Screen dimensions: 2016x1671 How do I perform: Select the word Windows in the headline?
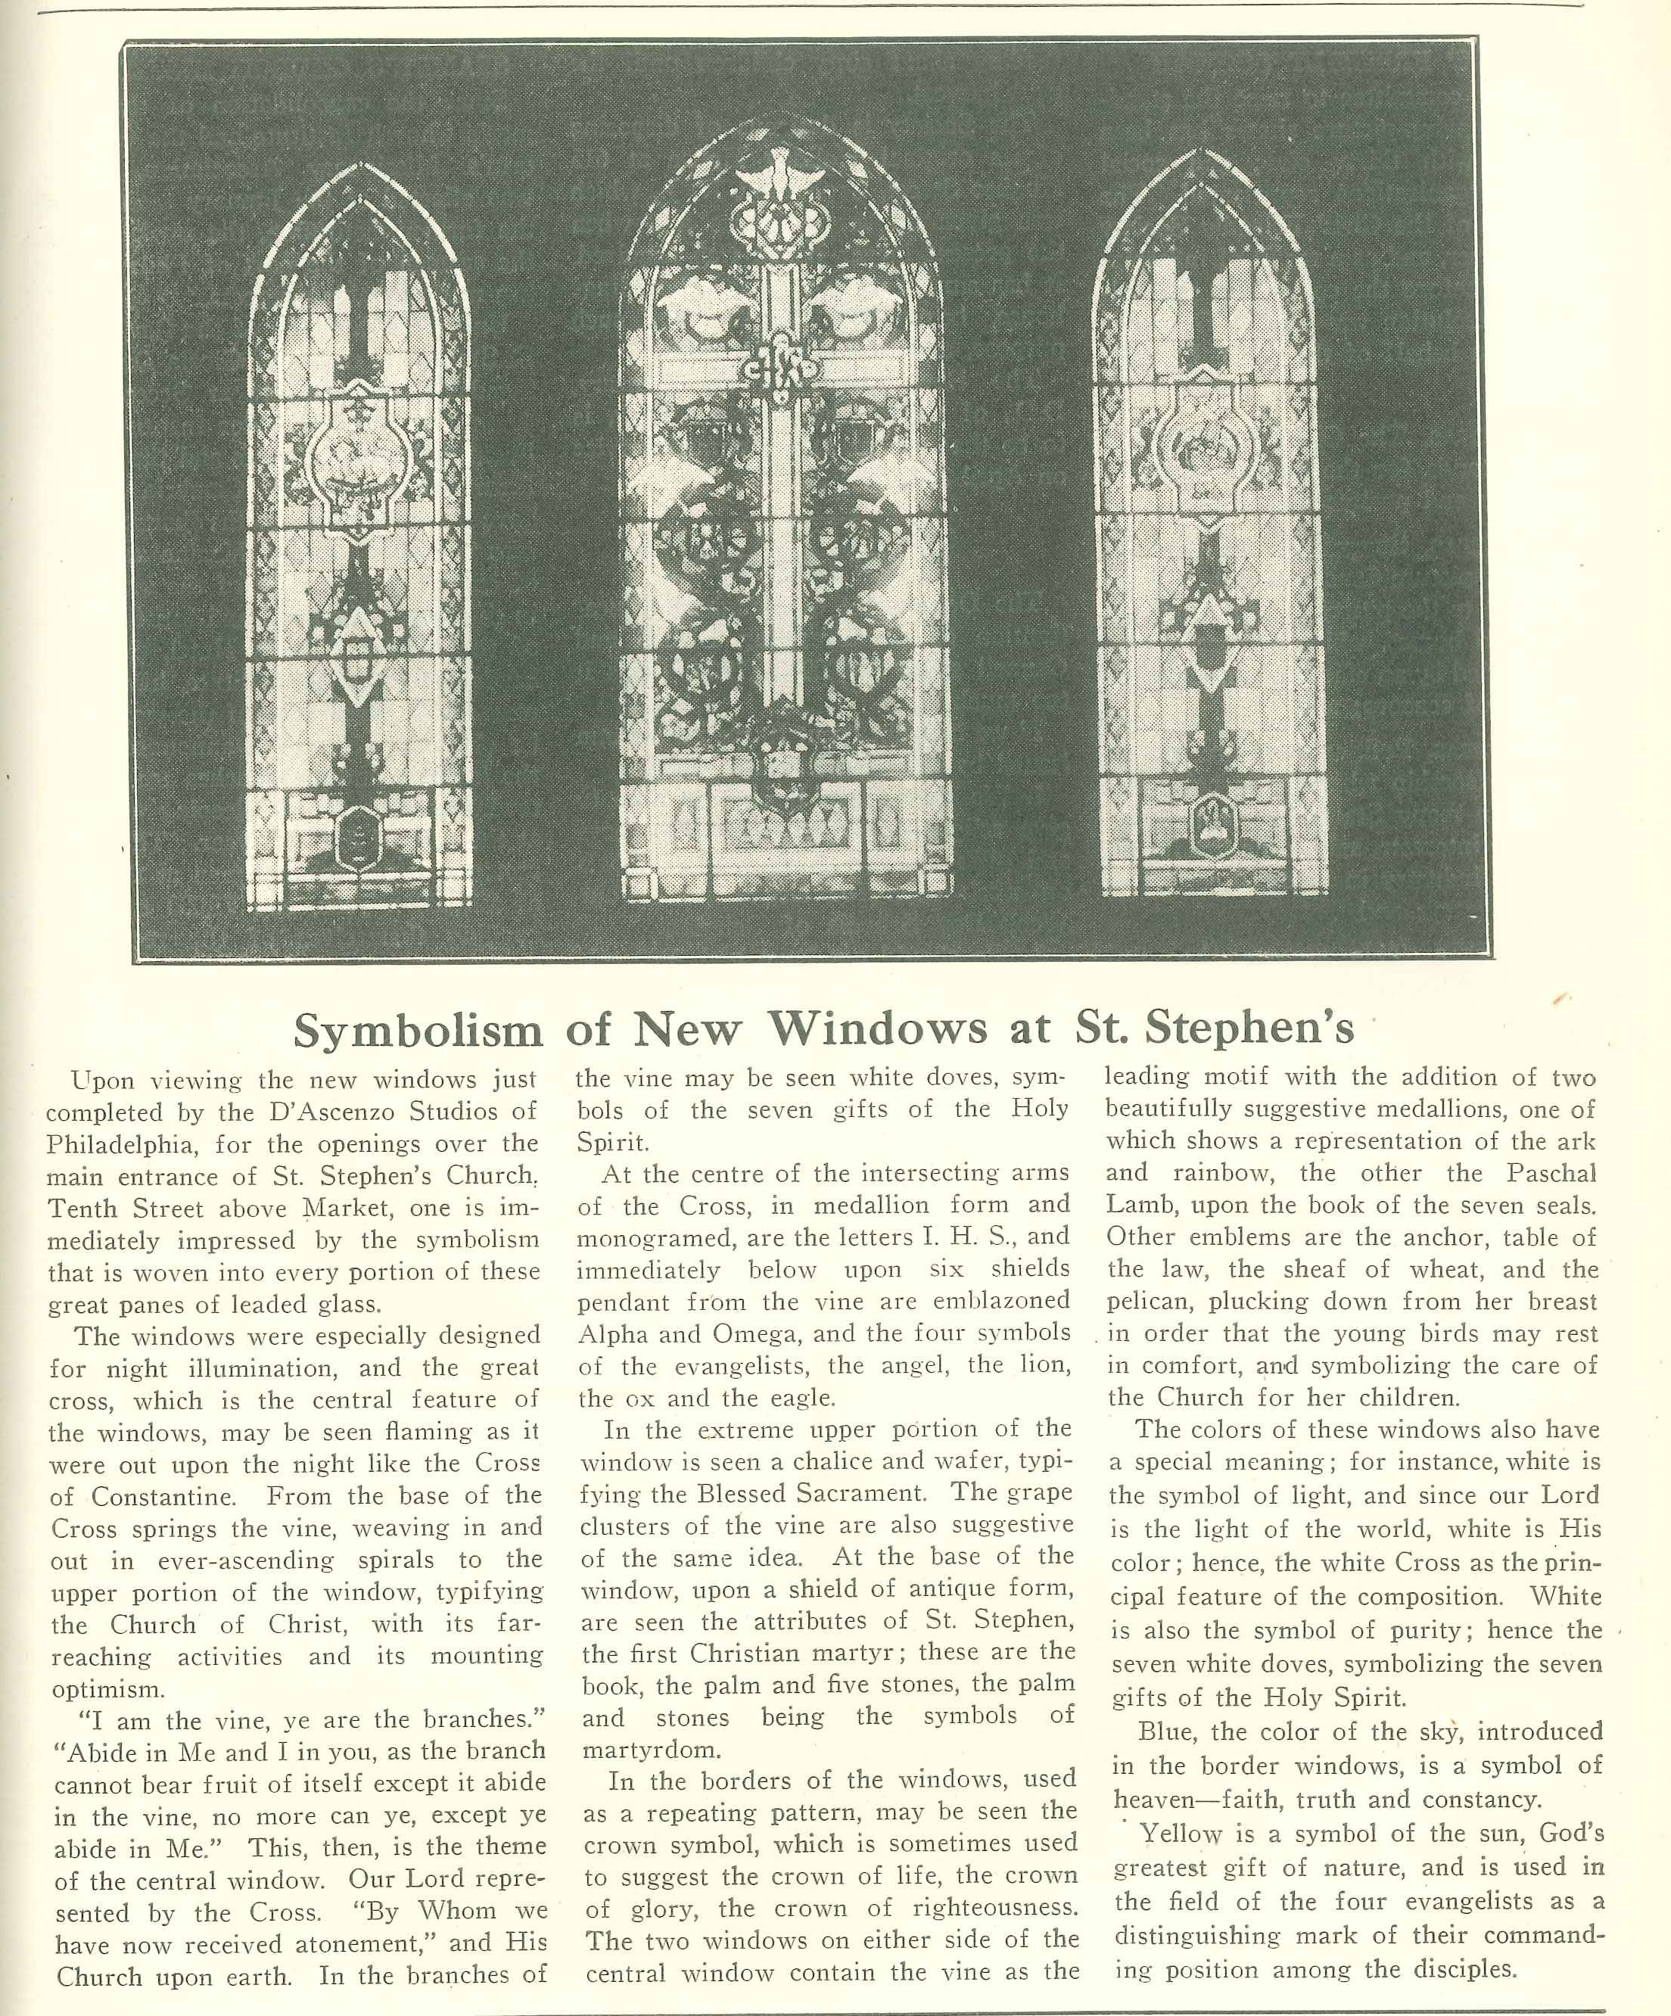(x=878, y=1030)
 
